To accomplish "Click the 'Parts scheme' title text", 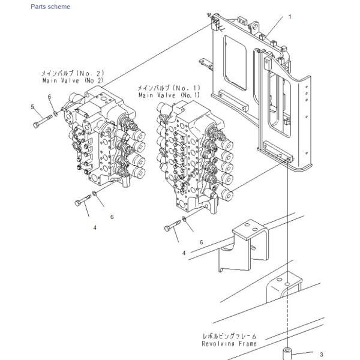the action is click(50, 7).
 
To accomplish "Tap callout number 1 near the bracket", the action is click(290, 17).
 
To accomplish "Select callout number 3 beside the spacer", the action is click(321, 355).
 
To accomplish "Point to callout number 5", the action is click(32, 107).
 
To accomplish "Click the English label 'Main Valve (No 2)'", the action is click(73, 80).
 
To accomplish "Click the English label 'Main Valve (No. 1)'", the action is click(169, 95).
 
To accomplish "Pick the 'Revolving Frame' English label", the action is click(229, 343).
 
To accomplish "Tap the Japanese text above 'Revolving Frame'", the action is click(229, 336).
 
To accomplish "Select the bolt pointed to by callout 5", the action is click(43, 121).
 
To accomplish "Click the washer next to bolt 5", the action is click(55, 113).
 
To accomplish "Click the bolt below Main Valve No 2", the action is click(83, 200).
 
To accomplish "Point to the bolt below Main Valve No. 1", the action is click(173, 226).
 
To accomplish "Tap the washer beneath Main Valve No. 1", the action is click(184, 218).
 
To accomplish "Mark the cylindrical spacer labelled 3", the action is click(287, 354).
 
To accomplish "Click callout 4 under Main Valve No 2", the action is click(95, 227).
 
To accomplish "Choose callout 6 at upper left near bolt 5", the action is click(50, 97).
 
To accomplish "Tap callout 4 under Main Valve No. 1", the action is click(184, 253).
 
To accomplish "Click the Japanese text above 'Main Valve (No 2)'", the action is click(73, 73).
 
